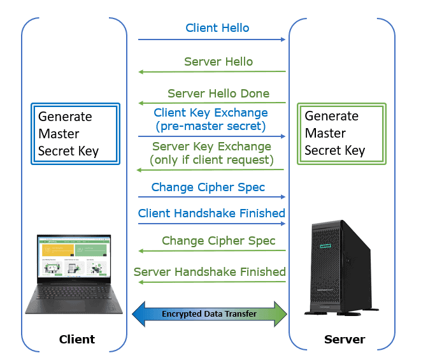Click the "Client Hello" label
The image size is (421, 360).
click(217, 28)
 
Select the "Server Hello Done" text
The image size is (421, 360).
click(218, 94)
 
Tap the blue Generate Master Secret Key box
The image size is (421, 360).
click(76, 134)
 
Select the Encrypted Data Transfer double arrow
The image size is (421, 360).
click(211, 313)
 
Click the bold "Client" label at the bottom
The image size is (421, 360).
click(76, 339)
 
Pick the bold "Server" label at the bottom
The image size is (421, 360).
click(345, 339)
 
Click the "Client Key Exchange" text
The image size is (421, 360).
click(211, 113)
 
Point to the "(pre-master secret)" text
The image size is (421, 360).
click(211, 126)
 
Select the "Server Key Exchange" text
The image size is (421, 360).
click(211, 147)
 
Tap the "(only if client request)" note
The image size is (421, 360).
click(211, 160)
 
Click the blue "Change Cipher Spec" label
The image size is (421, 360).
click(208, 187)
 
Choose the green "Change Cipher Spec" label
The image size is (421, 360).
click(218, 241)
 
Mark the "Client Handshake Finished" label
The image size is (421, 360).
click(211, 213)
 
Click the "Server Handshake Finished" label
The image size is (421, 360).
click(210, 272)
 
